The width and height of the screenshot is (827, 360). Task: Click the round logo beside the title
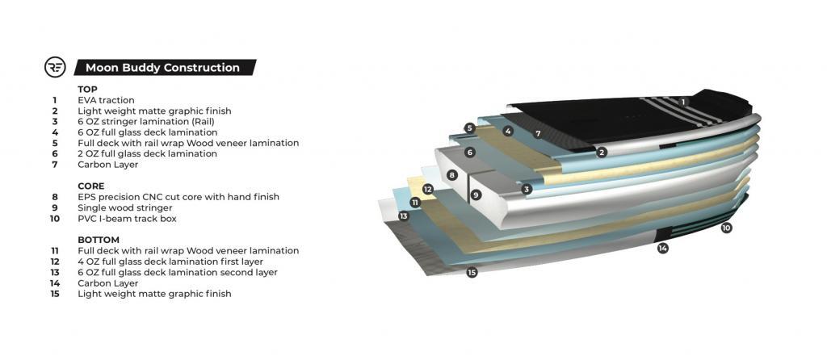click(x=56, y=68)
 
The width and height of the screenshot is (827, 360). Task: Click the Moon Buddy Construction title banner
click(x=165, y=68)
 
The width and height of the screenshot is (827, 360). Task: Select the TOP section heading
click(x=87, y=90)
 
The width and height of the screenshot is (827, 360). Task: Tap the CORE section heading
click(x=90, y=186)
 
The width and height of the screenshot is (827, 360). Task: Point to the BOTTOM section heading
click(x=99, y=240)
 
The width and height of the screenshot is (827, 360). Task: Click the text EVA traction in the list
click(x=106, y=100)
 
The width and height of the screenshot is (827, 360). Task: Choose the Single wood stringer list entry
click(x=125, y=207)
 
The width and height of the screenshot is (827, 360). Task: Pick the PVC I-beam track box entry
click(x=127, y=218)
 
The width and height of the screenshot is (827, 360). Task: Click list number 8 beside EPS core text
click(x=55, y=197)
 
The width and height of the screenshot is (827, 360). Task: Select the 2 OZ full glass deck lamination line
click(x=147, y=154)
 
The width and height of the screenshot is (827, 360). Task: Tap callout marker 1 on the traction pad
click(x=683, y=102)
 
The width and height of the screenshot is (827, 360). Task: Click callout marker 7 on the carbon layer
click(x=538, y=134)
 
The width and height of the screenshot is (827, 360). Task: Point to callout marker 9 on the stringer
click(x=476, y=195)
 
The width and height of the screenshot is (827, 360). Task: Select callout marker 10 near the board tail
click(x=726, y=228)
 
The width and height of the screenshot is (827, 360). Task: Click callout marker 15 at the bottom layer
click(x=472, y=273)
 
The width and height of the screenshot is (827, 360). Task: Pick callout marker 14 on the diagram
click(x=663, y=248)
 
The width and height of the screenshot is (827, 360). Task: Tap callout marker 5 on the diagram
click(x=469, y=128)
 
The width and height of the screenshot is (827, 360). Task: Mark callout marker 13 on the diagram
click(x=404, y=216)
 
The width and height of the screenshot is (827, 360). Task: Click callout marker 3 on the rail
click(x=527, y=189)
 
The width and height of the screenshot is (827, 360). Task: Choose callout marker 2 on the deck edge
click(x=602, y=153)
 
